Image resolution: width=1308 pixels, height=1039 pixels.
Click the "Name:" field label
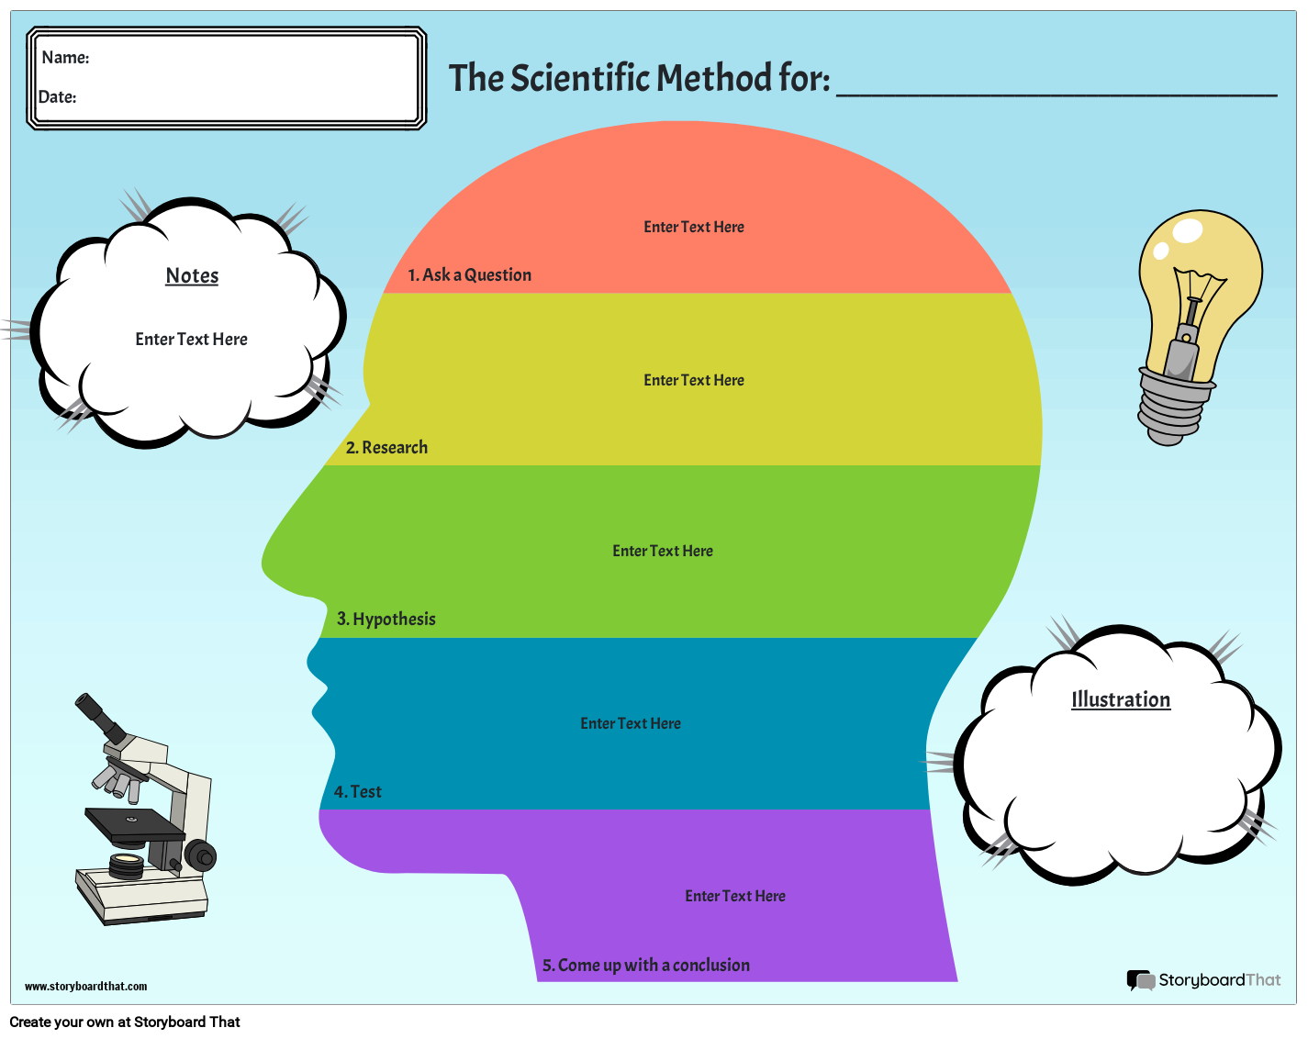(65, 58)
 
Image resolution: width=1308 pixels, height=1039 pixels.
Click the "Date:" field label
(58, 97)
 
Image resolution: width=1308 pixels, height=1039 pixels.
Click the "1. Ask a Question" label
(470, 274)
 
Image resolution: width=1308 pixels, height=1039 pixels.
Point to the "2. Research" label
(386, 447)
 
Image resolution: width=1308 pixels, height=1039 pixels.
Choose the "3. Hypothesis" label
(386, 619)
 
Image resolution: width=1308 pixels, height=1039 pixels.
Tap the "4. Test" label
(357, 791)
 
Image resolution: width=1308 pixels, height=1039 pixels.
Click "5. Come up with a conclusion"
(645, 965)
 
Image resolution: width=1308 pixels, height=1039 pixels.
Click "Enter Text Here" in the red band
(694, 227)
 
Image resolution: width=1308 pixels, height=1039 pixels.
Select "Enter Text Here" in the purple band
(735, 896)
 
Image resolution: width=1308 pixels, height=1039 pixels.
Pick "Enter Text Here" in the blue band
(631, 723)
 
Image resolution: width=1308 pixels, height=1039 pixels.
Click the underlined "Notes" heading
(192, 275)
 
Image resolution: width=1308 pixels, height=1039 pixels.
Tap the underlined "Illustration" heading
(1121, 699)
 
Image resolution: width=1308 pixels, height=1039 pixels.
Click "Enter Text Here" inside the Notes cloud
(191, 340)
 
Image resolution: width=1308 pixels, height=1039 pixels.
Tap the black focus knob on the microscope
(201, 856)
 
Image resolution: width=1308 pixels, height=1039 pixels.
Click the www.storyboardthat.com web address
(85, 987)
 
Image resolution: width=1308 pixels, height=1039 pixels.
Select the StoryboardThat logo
(1203, 980)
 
